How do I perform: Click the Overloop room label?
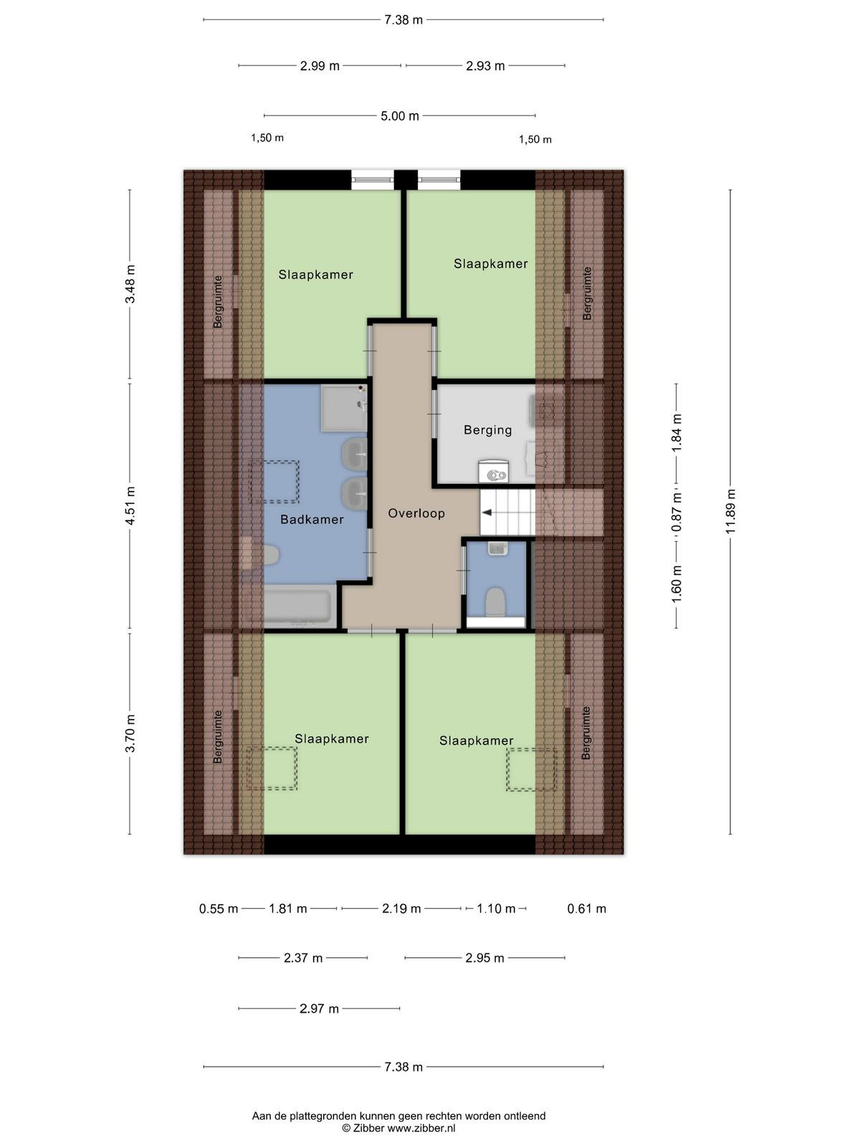[x=416, y=513]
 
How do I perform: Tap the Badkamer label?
[x=312, y=520]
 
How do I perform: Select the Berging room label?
[x=488, y=430]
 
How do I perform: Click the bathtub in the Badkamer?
[x=297, y=606]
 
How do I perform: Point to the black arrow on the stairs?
[x=487, y=513]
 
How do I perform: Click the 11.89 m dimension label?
[x=730, y=511]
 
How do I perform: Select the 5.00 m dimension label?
[x=399, y=116]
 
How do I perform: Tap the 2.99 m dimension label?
[x=320, y=66]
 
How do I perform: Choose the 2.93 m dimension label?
[x=485, y=66]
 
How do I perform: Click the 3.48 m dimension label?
[x=130, y=284]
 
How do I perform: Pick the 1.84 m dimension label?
[x=677, y=433]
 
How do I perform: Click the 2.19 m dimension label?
[x=401, y=909]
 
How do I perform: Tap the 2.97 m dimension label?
[x=319, y=1009]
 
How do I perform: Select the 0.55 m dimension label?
[x=219, y=909]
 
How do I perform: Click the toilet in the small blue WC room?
[x=495, y=601]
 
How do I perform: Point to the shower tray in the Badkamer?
[x=343, y=408]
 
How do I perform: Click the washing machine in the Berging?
[x=494, y=471]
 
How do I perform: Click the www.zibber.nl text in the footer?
[x=421, y=1128]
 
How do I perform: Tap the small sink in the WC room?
[x=497, y=548]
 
